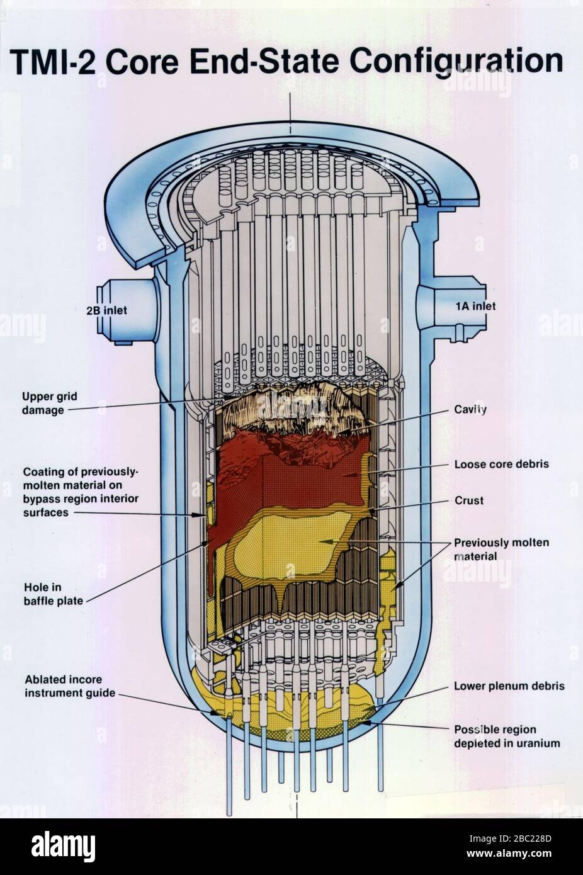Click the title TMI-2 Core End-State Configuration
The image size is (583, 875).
pyautogui.click(x=286, y=61)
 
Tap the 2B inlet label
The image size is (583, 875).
pyautogui.click(x=106, y=310)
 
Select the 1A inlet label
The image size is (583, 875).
pyautogui.click(x=475, y=306)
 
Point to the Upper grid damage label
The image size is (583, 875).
pyautogui.click(x=49, y=403)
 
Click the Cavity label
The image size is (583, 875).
pyautogui.click(x=470, y=409)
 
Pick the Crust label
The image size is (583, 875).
pyautogui.click(x=469, y=500)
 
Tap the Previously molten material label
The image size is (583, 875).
pyautogui.click(x=501, y=549)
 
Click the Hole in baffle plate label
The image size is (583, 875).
pyautogui.click(x=54, y=594)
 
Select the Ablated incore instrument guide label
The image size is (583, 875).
pyautogui.click(x=70, y=686)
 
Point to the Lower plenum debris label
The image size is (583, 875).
pyautogui.click(x=509, y=686)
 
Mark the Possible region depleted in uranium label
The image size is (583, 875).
pyautogui.click(x=507, y=737)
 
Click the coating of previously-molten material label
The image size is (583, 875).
pyautogui.click(x=81, y=492)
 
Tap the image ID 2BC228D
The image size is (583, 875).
pyautogui.click(x=510, y=838)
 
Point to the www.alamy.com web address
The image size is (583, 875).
pyautogui.click(x=509, y=854)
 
